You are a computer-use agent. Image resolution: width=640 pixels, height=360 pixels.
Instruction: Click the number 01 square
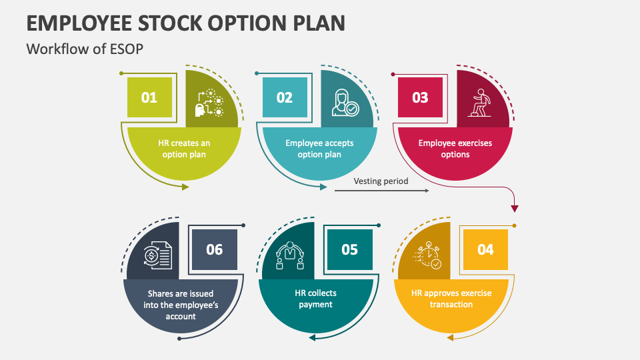pyautogui.click(x=149, y=97)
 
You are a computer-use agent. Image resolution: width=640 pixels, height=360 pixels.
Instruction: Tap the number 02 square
pyautogui.click(x=285, y=97)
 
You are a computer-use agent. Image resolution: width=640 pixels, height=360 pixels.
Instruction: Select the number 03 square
pyautogui.click(x=420, y=97)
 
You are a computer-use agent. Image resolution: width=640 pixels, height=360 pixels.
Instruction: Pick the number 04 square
pyautogui.click(x=485, y=249)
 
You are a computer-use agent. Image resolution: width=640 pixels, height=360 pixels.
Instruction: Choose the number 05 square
pyautogui.click(x=349, y=249)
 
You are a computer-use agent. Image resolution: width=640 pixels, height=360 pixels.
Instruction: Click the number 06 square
pyautogui.click(x=214, y=249)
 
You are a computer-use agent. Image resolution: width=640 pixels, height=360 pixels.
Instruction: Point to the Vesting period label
pyautogui.click(x=381, y=181)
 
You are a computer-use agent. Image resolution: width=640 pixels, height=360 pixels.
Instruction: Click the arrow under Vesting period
pyautogui.click(x=381, y=191)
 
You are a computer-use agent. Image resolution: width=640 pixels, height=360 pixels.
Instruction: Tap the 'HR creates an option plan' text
pyautogui.click(x=184, y=149)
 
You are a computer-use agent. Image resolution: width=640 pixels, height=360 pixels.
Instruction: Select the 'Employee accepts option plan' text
pyautogui.click(x=319, y=149)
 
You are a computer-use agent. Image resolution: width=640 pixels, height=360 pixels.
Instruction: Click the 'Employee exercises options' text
pyautogui.click(x=455, y=149)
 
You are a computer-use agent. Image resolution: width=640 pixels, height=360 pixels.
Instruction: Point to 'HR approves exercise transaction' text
pyautogui.click(x=451, y=299)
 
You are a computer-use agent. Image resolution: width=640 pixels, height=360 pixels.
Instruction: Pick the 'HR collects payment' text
pyautogui.click(x=315, y=299)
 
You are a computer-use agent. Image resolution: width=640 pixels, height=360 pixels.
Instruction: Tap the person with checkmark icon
pyautogui.click(x=345, y=101)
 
